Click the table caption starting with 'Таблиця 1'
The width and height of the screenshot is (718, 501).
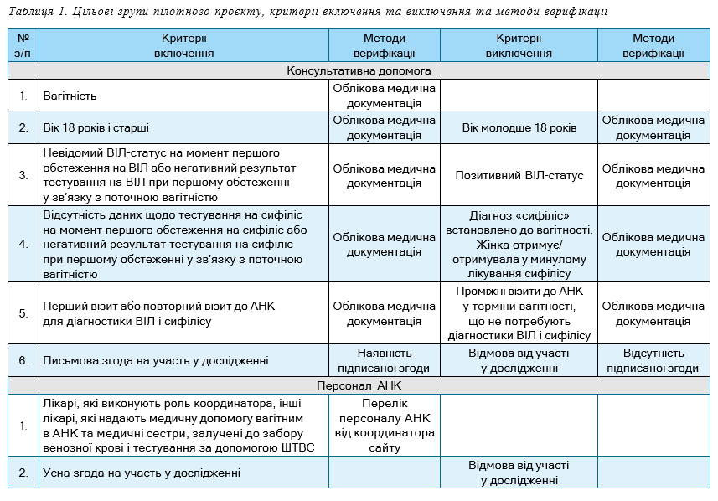(307, 11)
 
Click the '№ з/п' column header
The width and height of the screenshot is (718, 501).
(23, 45)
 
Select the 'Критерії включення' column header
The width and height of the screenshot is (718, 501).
(183, 45)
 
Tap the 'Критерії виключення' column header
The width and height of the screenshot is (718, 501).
(519, 45)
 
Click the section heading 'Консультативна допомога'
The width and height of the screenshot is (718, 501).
(359, 71)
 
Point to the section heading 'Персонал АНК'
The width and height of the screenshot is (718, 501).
(359, 386)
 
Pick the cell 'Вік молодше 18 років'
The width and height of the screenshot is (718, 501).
(519, 128)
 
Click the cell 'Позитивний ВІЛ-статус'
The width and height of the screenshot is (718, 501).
(519, 176)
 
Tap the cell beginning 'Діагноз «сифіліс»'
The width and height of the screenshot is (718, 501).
(519, 244)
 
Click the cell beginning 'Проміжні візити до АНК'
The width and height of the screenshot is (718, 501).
(519, 313)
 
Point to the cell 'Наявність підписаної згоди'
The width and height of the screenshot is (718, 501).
(385, 361)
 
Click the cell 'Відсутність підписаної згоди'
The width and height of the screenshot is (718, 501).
(653, 361)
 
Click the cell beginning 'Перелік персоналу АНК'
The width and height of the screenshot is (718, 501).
(385, 426)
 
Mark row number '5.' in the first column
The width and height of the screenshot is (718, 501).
(23, 313)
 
